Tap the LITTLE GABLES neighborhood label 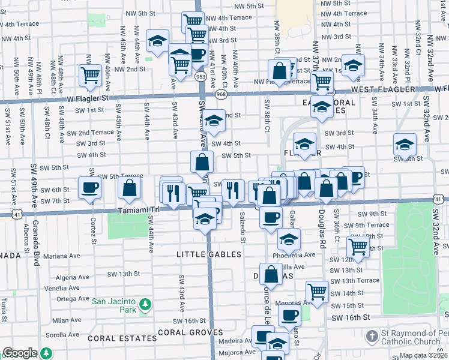click(x=208, y=254)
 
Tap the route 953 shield click(x=200, y=77)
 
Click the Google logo click(x=20, y=353)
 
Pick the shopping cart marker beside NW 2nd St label click(x=90, y=76)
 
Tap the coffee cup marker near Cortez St click(x=90, y=187)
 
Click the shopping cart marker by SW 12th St click(x=358, y=245)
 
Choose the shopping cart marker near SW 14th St click(x=317, y=291)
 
